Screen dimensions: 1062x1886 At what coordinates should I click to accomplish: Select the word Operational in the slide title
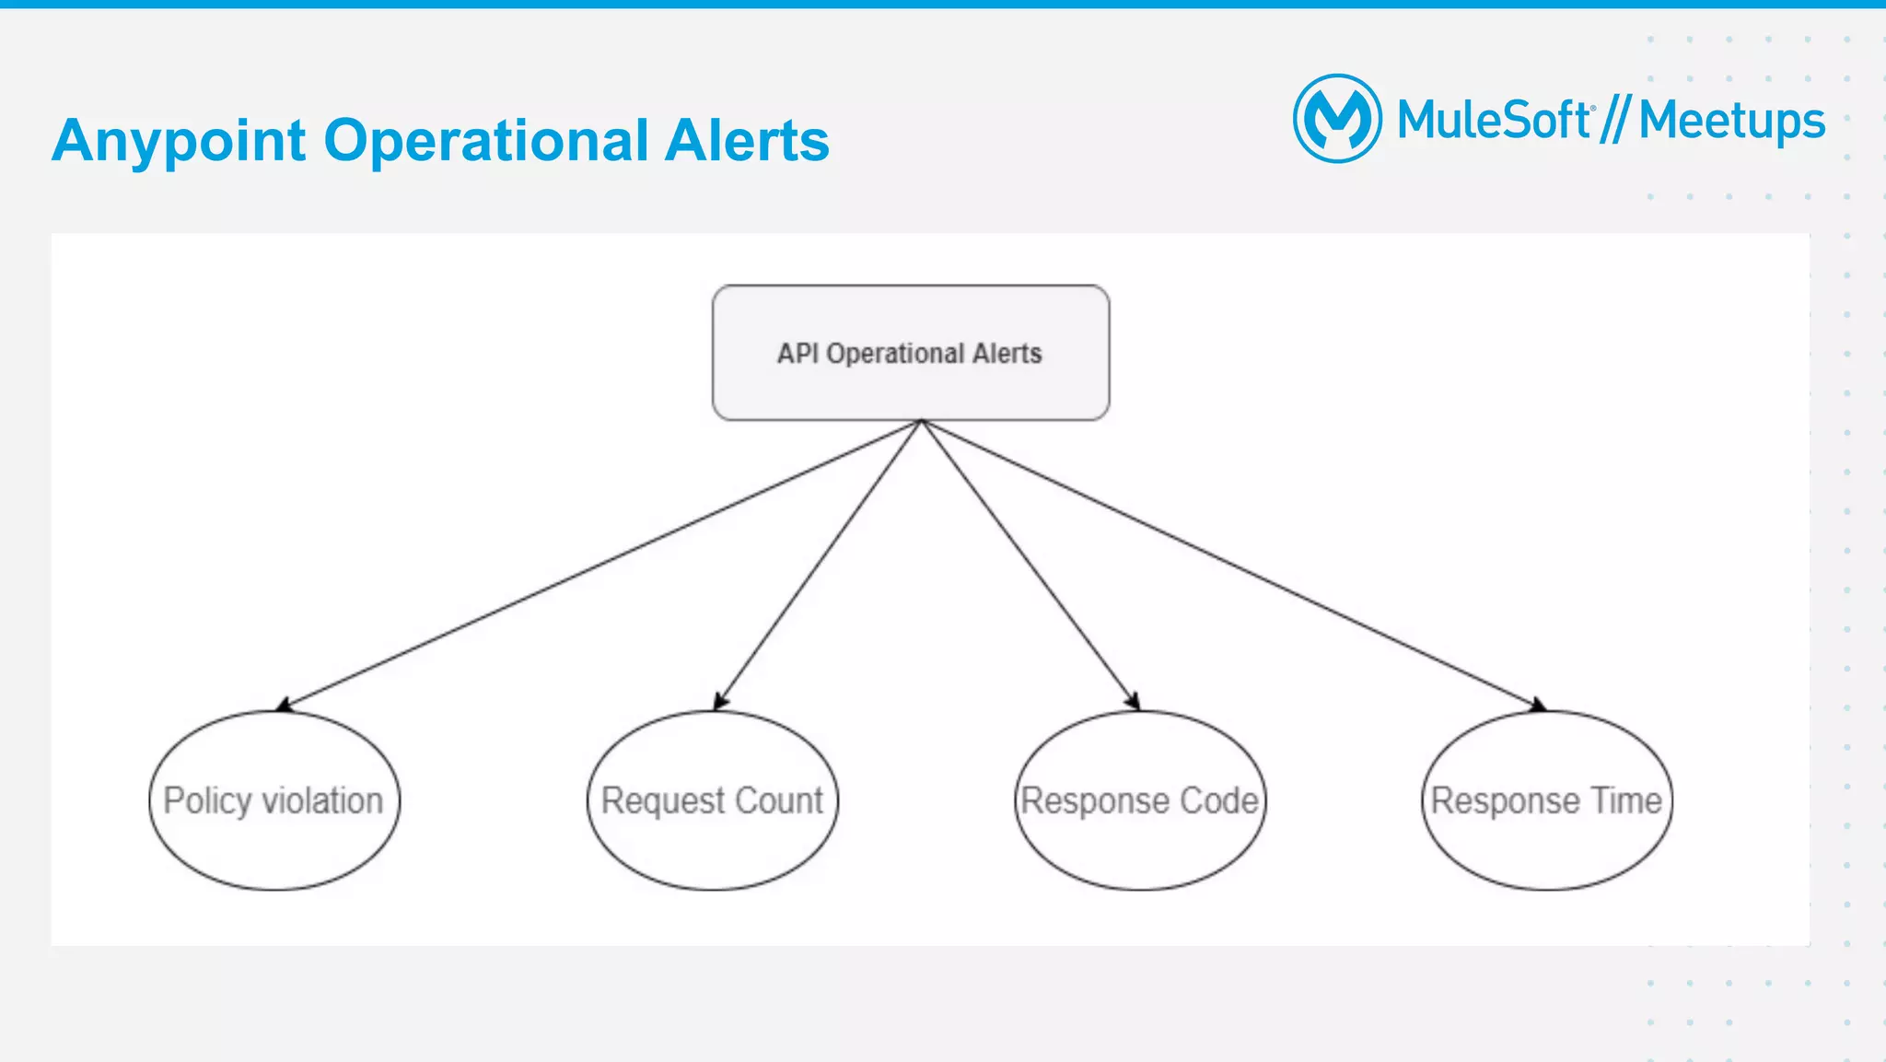tap(486, 141)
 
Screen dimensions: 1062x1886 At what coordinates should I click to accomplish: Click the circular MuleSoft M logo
tap(1337, 119)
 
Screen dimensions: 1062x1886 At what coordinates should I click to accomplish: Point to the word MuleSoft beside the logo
tap(1494, 121)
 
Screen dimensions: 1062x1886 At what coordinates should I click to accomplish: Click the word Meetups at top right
tap(1731, 122)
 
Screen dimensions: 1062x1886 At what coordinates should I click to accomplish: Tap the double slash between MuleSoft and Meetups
tap(1615, 121)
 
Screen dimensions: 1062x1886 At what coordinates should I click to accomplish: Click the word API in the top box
tap(797, 354)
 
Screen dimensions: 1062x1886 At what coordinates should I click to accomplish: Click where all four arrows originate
tap(921, 422)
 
